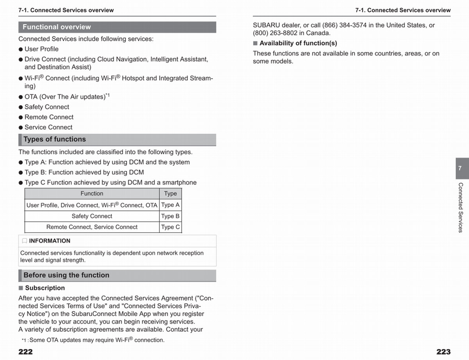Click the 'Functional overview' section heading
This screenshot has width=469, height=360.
point(57,27)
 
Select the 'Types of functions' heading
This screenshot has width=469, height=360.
point(54,140)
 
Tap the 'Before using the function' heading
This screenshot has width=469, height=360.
point(66,275)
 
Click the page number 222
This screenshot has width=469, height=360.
point(25,352)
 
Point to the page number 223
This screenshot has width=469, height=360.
point(443,352)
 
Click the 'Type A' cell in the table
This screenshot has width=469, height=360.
point(170,205)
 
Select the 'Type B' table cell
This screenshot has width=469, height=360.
point(170,216)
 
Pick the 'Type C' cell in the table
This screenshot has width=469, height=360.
point(170,227)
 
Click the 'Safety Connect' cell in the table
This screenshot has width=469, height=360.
point(92,216)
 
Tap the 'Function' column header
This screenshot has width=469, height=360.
point(92,193)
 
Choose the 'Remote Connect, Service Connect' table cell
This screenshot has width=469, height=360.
point(92,227)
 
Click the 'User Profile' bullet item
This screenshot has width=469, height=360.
point(41,49)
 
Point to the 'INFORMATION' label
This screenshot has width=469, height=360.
point(50,241)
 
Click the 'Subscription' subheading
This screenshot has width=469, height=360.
point(45,288)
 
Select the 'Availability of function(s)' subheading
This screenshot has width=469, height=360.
point(298,43)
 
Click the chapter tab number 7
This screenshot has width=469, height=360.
point(460,168)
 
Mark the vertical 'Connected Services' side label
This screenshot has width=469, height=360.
point(460,208)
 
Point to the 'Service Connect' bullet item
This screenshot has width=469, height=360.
point(48,127)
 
